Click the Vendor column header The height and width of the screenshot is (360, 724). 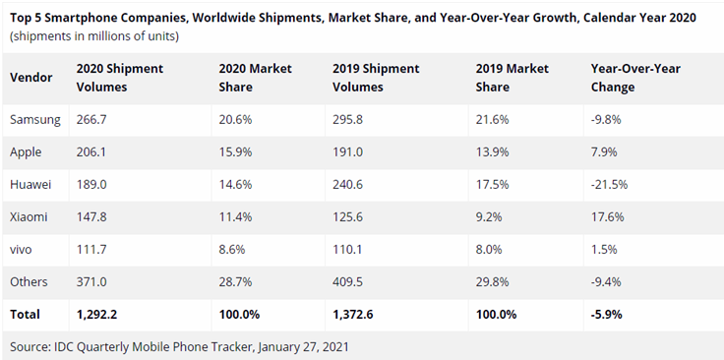pyautogui.click(x=30, y=78)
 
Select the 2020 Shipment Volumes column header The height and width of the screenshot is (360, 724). pyautogui.click(x=120, y=78)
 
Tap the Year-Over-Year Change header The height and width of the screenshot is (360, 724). pyautogui.click(x=635, y=78)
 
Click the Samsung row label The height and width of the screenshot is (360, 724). pyautogui.click(x=35, y=120)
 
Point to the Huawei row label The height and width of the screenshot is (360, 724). pyautogui.click(x=30, y=185)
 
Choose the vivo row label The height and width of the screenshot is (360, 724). pyautogui.click(x=21, y=250)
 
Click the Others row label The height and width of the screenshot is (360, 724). pyautogui.click(x=29, y=281)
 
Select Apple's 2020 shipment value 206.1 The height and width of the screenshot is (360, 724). pyautogui.click(x=90, y=151)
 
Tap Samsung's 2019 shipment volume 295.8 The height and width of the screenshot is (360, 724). pyautogui.click(x=347, y=120)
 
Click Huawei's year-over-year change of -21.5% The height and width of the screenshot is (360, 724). pyautogui.click(x=609, y=185)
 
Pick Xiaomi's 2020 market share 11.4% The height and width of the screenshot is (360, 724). pyautogui.click(x=235, y=217)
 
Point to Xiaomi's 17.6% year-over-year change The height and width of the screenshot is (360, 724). pyautogui.click(x=607, y=217)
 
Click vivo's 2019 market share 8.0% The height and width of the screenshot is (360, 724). pyautogui.click(x=490, y=250)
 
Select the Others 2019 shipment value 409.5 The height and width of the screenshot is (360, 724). pyautogui.click(x=347, y=281)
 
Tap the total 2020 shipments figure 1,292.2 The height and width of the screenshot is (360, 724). pyautogui.click(x=96, y=315)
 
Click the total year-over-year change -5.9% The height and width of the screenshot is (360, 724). pyautogui.click(x=606, y=315)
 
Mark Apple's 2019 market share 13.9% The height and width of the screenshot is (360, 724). pyautogui.click(x=492, y=151)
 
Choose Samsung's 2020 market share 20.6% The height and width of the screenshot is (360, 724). pyautogui.click(x=235, y=120)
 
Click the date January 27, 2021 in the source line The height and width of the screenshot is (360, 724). pyautogui.click(x=303, y=346)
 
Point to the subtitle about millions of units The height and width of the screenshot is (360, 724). pyautogui.click(x=94, y=36)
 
